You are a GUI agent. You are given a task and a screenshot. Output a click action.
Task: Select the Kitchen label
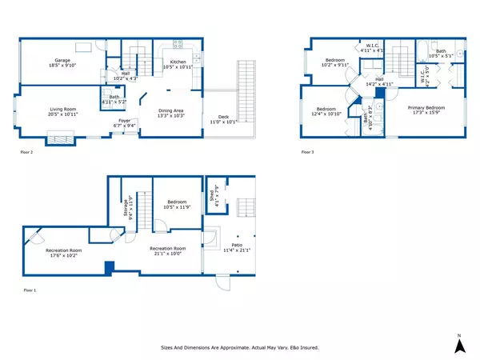[x=178, y=62]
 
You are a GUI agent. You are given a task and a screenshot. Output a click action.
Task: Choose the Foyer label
[x=124, y=122]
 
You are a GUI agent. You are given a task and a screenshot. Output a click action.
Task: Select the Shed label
[x=212, y=192]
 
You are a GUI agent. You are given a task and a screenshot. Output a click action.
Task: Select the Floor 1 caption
[x=28, y=290]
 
